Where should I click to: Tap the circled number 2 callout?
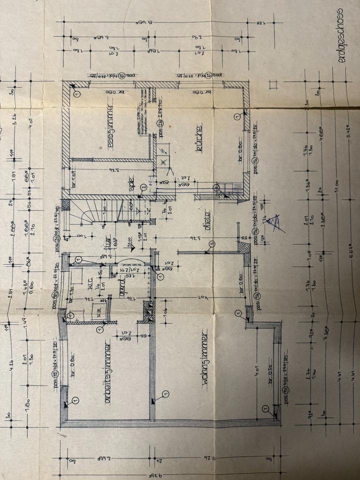[143, 187]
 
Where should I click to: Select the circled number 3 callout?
[212, 243]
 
